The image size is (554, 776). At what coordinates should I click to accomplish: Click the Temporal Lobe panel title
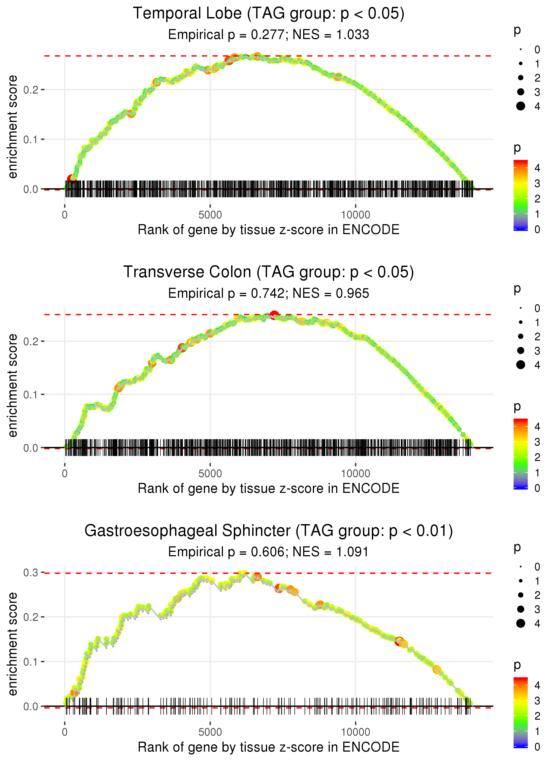click(269, 14)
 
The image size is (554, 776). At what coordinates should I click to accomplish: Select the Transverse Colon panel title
click(269, 272)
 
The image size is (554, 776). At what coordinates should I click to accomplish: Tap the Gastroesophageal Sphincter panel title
click(269, 531)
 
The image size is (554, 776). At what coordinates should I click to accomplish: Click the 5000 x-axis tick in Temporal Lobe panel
click(210, 215)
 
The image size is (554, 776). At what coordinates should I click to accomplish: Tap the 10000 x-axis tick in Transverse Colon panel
click(355, 474)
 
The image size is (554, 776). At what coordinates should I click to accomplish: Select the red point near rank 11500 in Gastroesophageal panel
click(399, 641)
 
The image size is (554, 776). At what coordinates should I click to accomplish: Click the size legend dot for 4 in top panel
click(521, 106)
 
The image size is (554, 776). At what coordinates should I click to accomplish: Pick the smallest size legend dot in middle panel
click(521, 308)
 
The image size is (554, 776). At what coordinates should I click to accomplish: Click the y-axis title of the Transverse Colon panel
click(13, 386)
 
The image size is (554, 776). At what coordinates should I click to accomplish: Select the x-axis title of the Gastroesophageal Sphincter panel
click(269, 747)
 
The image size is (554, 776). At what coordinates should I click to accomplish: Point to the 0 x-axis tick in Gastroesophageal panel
click(65, 732)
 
